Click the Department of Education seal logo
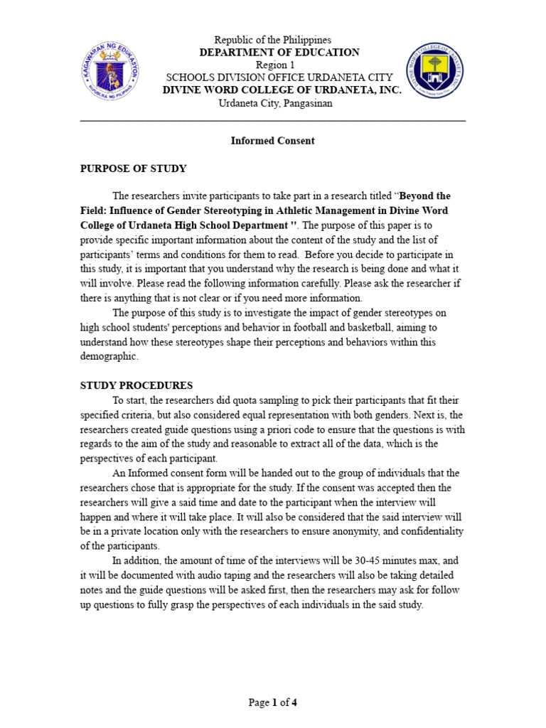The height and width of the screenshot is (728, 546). tap(109, 72)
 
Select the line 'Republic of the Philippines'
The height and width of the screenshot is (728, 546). tap(273, 40)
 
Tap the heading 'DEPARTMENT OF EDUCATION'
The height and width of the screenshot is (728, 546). tap(279, 53)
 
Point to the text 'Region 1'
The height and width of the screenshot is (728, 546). tap(274, 65)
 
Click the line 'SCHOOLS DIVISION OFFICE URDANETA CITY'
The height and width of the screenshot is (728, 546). tap(274, 78)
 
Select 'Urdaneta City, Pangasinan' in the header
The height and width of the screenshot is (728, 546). tap(274, 104)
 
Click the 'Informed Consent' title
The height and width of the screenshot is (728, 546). tap(272, 141)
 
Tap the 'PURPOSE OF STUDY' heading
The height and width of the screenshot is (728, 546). tap(133, 168)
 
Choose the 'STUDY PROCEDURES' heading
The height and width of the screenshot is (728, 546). tap(136, 385)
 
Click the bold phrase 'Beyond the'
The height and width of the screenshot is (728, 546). tap(424, 196)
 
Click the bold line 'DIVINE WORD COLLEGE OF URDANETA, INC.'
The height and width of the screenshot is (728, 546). tap(282, 91)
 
